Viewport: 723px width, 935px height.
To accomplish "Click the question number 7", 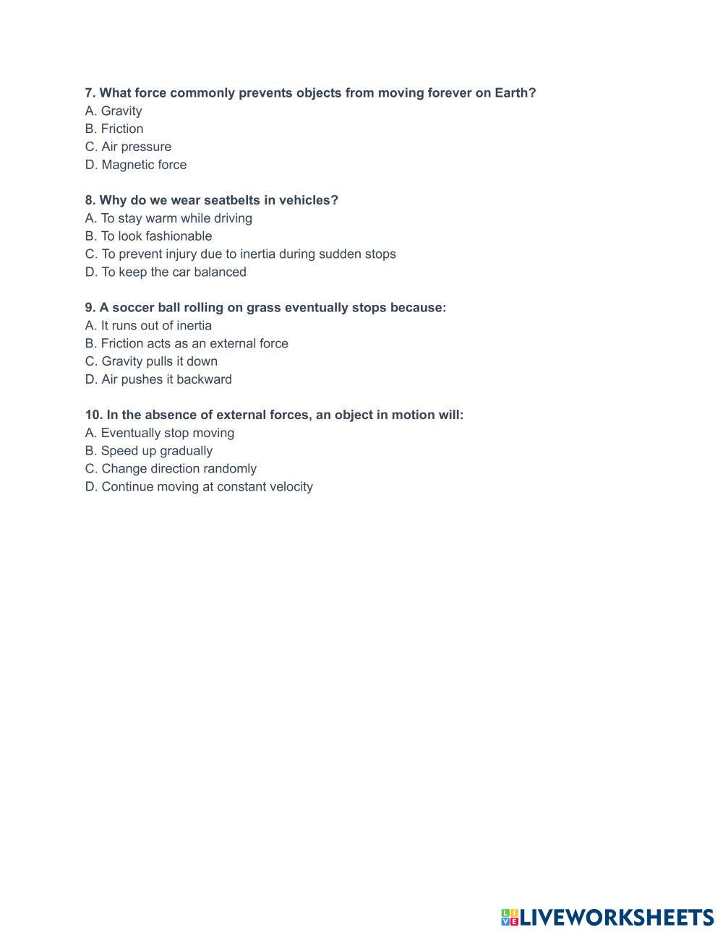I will (x=90, y=93).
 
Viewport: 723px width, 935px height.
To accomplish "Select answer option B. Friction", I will (x=114, y=129).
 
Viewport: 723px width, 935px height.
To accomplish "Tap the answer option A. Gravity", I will (x=114, y=111).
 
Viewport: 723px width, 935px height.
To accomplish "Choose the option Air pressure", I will (x=128, y=147).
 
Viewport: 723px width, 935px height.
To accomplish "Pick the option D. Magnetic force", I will (x=136, y=165).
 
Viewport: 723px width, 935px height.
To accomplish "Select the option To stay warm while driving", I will (x=168, y=218).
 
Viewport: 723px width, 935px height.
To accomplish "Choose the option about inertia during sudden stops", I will (x=240, y=254).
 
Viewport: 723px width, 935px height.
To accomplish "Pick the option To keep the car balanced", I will (x=166, y=272).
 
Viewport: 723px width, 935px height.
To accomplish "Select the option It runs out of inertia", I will (x=148, y=326).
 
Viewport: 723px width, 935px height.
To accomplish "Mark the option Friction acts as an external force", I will (x=187, y=344).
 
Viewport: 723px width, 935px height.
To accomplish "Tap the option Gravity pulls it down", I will (x=151, y=361).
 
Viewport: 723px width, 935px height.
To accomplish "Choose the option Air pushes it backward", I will (x=158, y=379).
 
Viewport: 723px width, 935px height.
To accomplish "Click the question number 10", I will (x=93, y=415).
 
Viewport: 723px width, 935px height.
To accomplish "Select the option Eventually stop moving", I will (x=160, y=433).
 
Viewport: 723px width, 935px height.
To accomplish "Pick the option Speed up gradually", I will (x=149, y=451).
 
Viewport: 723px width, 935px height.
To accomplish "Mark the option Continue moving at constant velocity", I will (x=199, y=487).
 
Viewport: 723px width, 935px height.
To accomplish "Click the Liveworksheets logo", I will (x=607, y=917).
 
